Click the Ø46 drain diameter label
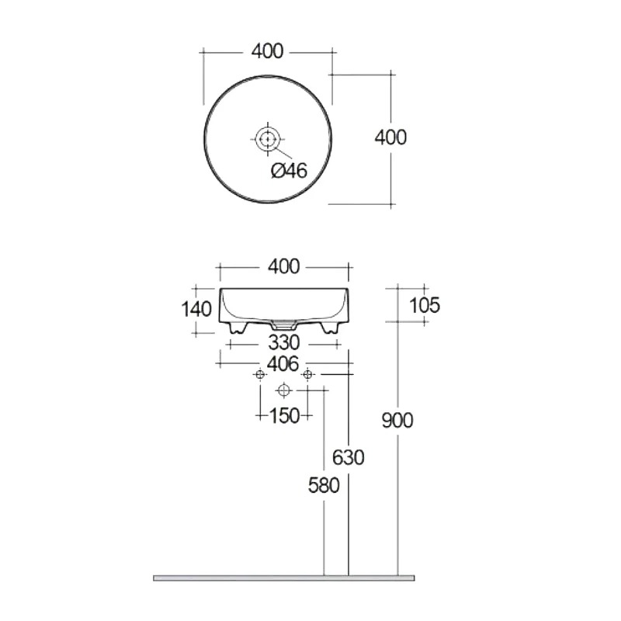click(x=289, y=171)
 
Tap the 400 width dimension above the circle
click(x=268, y=51)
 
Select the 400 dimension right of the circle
click(x=390, y=137)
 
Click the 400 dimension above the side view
click(x=283, y=267)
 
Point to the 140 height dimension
click(x=196, y=309)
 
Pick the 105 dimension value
click(x=424, y=305)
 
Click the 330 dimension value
click(x=284, y=343)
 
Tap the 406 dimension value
click(x=283, y=364)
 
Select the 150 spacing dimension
click(x=284, y=416)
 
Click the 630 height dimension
click(x=348, y=458)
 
